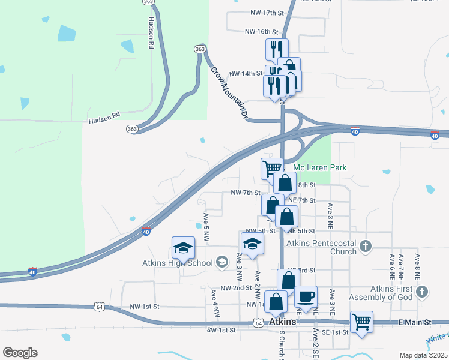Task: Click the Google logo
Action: click(x=20, y=353)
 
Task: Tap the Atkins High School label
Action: click(x=176, y=263)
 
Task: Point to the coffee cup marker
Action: click(x=306, y=298)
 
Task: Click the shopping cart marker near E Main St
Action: click(x=361, y=323)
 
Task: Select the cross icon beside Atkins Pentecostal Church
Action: click(x=366, y=245)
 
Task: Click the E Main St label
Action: click(x=415, y=323)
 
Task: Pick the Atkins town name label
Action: click(x=283, y=322)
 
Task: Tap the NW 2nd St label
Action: click(x=236, y=288)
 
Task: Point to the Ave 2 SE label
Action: click(x=314, y=341)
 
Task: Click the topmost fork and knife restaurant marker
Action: click(x=277, y=49)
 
